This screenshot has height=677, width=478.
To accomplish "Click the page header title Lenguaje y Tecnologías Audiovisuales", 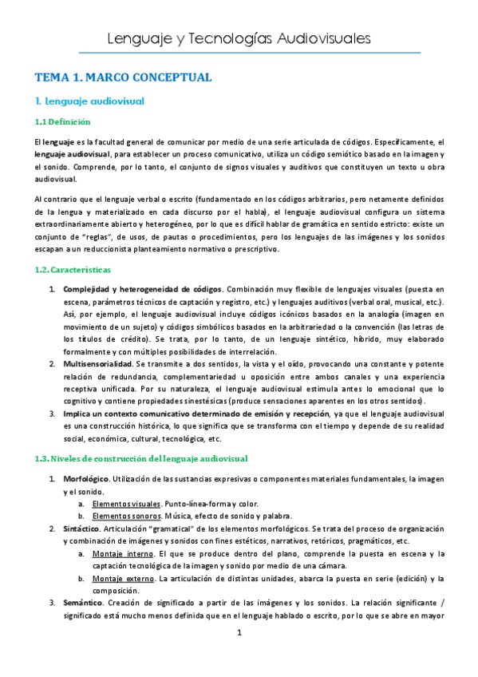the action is [238, 39].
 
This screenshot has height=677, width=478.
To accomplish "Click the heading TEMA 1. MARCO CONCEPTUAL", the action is [122, 77].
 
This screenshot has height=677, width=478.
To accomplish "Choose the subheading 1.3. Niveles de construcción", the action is [140, 458].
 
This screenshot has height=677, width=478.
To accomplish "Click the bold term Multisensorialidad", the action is [97, 363].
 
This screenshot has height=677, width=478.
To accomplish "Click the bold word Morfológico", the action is [86, 478].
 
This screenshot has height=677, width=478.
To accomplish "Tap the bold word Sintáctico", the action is [84, 529].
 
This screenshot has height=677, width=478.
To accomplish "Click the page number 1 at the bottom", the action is [239, 656].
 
